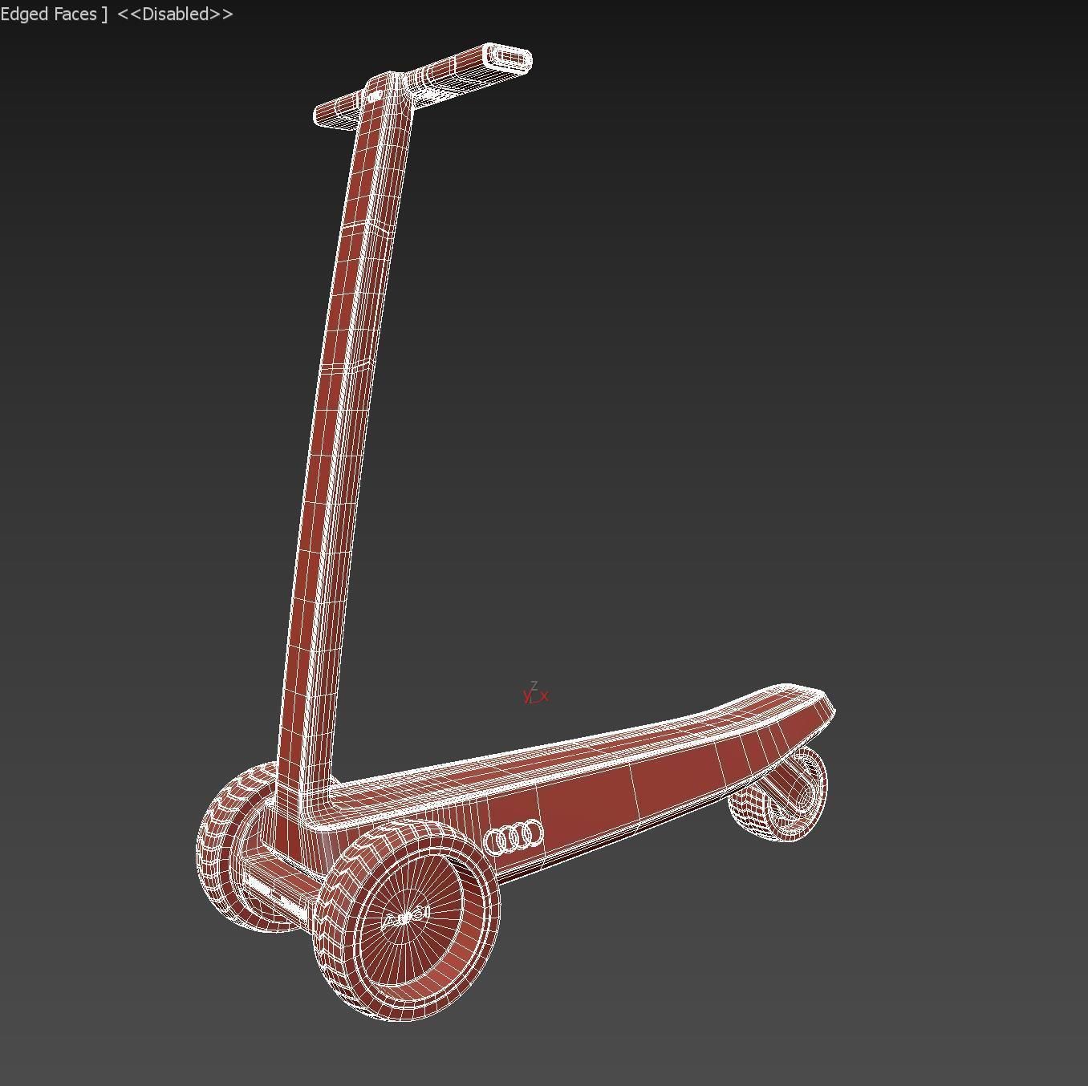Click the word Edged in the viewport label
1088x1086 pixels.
tap(25, 14)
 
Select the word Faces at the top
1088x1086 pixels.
tap(75, 14)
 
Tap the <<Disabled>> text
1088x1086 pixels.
tap(175, 14)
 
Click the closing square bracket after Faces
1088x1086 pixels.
tap(104, 14)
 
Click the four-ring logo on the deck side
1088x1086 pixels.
tap(514, 837)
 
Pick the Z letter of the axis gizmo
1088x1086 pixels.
tap(534, 686)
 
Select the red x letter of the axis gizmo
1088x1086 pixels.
tap(545, 696)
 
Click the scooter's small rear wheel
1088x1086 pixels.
tap(778, 796)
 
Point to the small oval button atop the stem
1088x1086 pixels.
tap(376, 96)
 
